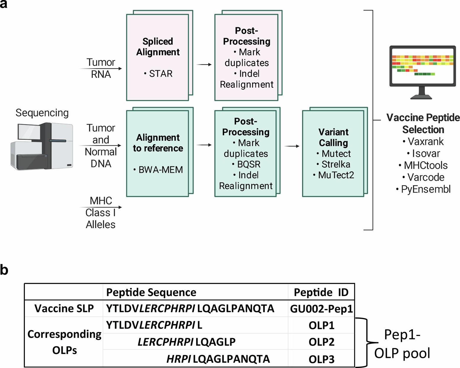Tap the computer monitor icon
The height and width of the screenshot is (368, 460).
pyautogui.click(x=422, y=71)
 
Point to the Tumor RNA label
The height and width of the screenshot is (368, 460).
pyautogui.click(x=101, y=68)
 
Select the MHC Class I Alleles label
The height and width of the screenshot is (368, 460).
pyautogui.click(x=101, y=212)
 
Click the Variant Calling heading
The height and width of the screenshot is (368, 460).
pyautogui.click(x=333, y=137)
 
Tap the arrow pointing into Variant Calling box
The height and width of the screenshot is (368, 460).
pyautogui.click(x=292, y=146)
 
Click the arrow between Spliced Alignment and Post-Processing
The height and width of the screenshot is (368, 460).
pyautogui.click(x=204, y=64)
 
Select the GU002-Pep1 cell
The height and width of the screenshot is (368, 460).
pyautogui.click(x=321, y=309)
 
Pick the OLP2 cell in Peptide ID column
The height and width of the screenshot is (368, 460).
pyautogui.click(x=321, y=342)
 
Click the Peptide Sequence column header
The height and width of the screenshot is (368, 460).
pyautogui.click(x=151, y=292)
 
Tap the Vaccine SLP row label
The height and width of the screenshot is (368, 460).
pyautogui.click(x=64, y=308)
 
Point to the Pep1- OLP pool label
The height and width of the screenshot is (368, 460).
pyautogui.click(x=402, y=344)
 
